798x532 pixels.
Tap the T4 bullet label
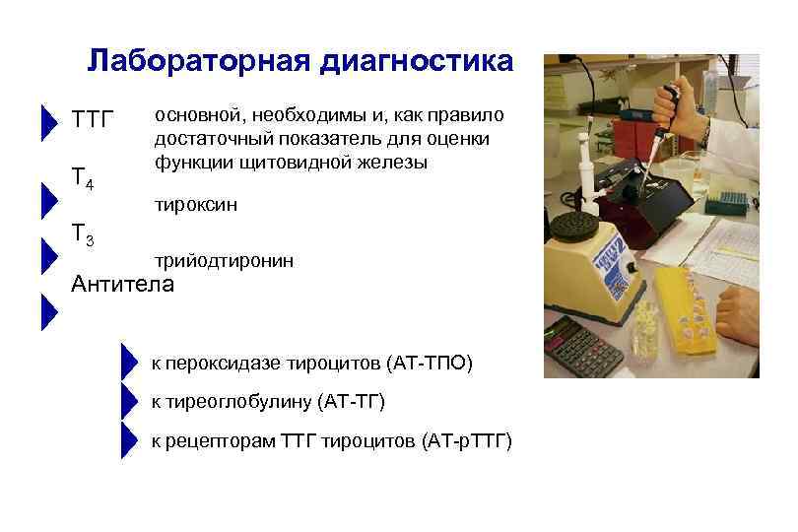[x=83, y=178]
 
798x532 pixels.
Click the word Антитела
[x=123, y=285]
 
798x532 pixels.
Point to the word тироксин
[x=195, y=204]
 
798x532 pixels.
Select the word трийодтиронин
[x=223, y=260]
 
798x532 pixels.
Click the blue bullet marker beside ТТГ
[x=48, y=121]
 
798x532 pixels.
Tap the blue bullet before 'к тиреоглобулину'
[x=126, y=402]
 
